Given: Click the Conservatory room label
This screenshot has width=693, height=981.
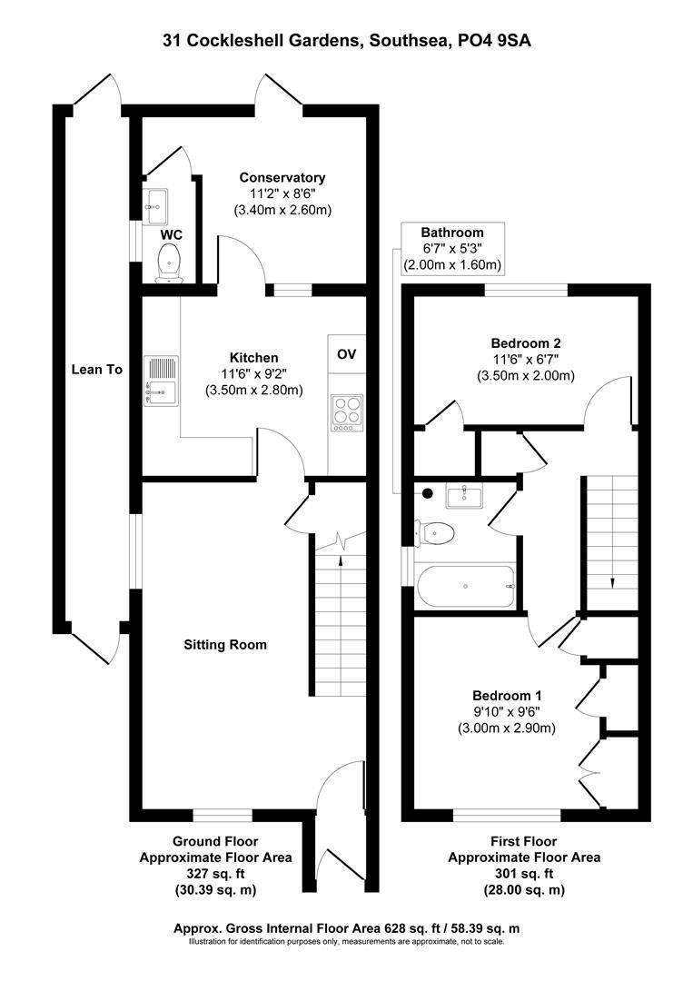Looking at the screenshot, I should tap(282, 177).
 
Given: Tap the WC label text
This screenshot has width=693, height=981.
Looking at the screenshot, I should tap(171, 235).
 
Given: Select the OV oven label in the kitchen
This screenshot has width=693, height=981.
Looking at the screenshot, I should tap(347, 353).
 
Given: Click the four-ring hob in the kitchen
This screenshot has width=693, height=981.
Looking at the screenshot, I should tap(346, 411).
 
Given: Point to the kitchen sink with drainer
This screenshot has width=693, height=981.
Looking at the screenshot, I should tap(161, 381).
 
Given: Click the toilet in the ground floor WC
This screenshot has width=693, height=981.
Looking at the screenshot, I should tap(169, 264).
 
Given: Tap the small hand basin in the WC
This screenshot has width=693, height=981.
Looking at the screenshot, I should tap(154, 204).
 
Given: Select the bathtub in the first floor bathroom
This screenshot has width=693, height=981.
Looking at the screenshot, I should tap(466, 587).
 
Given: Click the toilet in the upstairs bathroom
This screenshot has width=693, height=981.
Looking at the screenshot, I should tap(435, 533).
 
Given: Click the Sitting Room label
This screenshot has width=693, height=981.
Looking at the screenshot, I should tap(225, 645).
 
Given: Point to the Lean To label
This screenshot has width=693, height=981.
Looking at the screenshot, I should tap(97, 370).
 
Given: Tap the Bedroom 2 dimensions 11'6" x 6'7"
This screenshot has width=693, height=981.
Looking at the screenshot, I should tap(525, 360).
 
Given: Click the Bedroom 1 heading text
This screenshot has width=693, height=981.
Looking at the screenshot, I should tap(506, 695).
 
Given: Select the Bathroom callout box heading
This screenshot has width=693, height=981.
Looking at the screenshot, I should tap(452, 233).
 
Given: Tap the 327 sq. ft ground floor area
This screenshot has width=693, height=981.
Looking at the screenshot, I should tap(214, 873).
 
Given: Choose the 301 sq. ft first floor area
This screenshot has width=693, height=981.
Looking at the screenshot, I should tap(524, 873).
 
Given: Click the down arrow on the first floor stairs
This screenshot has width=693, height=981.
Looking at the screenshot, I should tap(612, 581).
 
